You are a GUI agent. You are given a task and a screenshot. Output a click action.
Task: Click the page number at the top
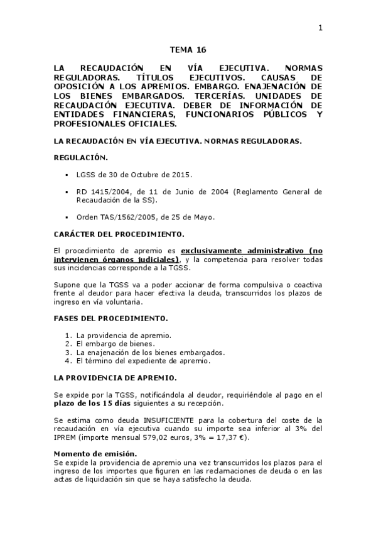[x=320, y=28]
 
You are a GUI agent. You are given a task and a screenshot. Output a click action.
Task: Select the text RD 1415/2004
[x=100, y=191]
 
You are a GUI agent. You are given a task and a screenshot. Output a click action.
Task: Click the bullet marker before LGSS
[x=67, y=174]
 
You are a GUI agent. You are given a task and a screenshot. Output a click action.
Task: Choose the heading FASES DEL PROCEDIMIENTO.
[x=110, y=318]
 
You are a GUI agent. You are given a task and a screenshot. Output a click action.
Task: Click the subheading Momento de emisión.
[x=95, y=454]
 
